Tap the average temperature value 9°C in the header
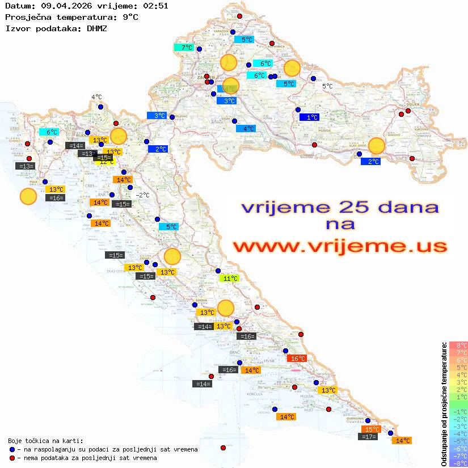pyautogui.click(x=130, y=17)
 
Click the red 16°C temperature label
pyautogui.click(x=297, y=359)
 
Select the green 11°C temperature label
pyautogui.click(x=229, y=279)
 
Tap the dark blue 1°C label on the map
pyautogui.click(x=309, y=117)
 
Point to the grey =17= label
pyautogui.click(x=369, y=437)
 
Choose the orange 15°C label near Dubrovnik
pyautogui.click(x=371, y=429)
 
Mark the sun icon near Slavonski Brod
pyautogui.click(x=377, y=146)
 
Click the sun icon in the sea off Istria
pyautogui.click(x=28, y=197)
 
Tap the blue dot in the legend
pyautogui.click(x=12, y=449)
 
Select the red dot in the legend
pyautogui.click(x=12, y=458)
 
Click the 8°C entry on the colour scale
pyautogui.click(x=458, y=345)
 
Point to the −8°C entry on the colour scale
pyautogui.click(x=458, y=463)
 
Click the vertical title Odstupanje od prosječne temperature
pyautogui.click(x=444, y=404)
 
